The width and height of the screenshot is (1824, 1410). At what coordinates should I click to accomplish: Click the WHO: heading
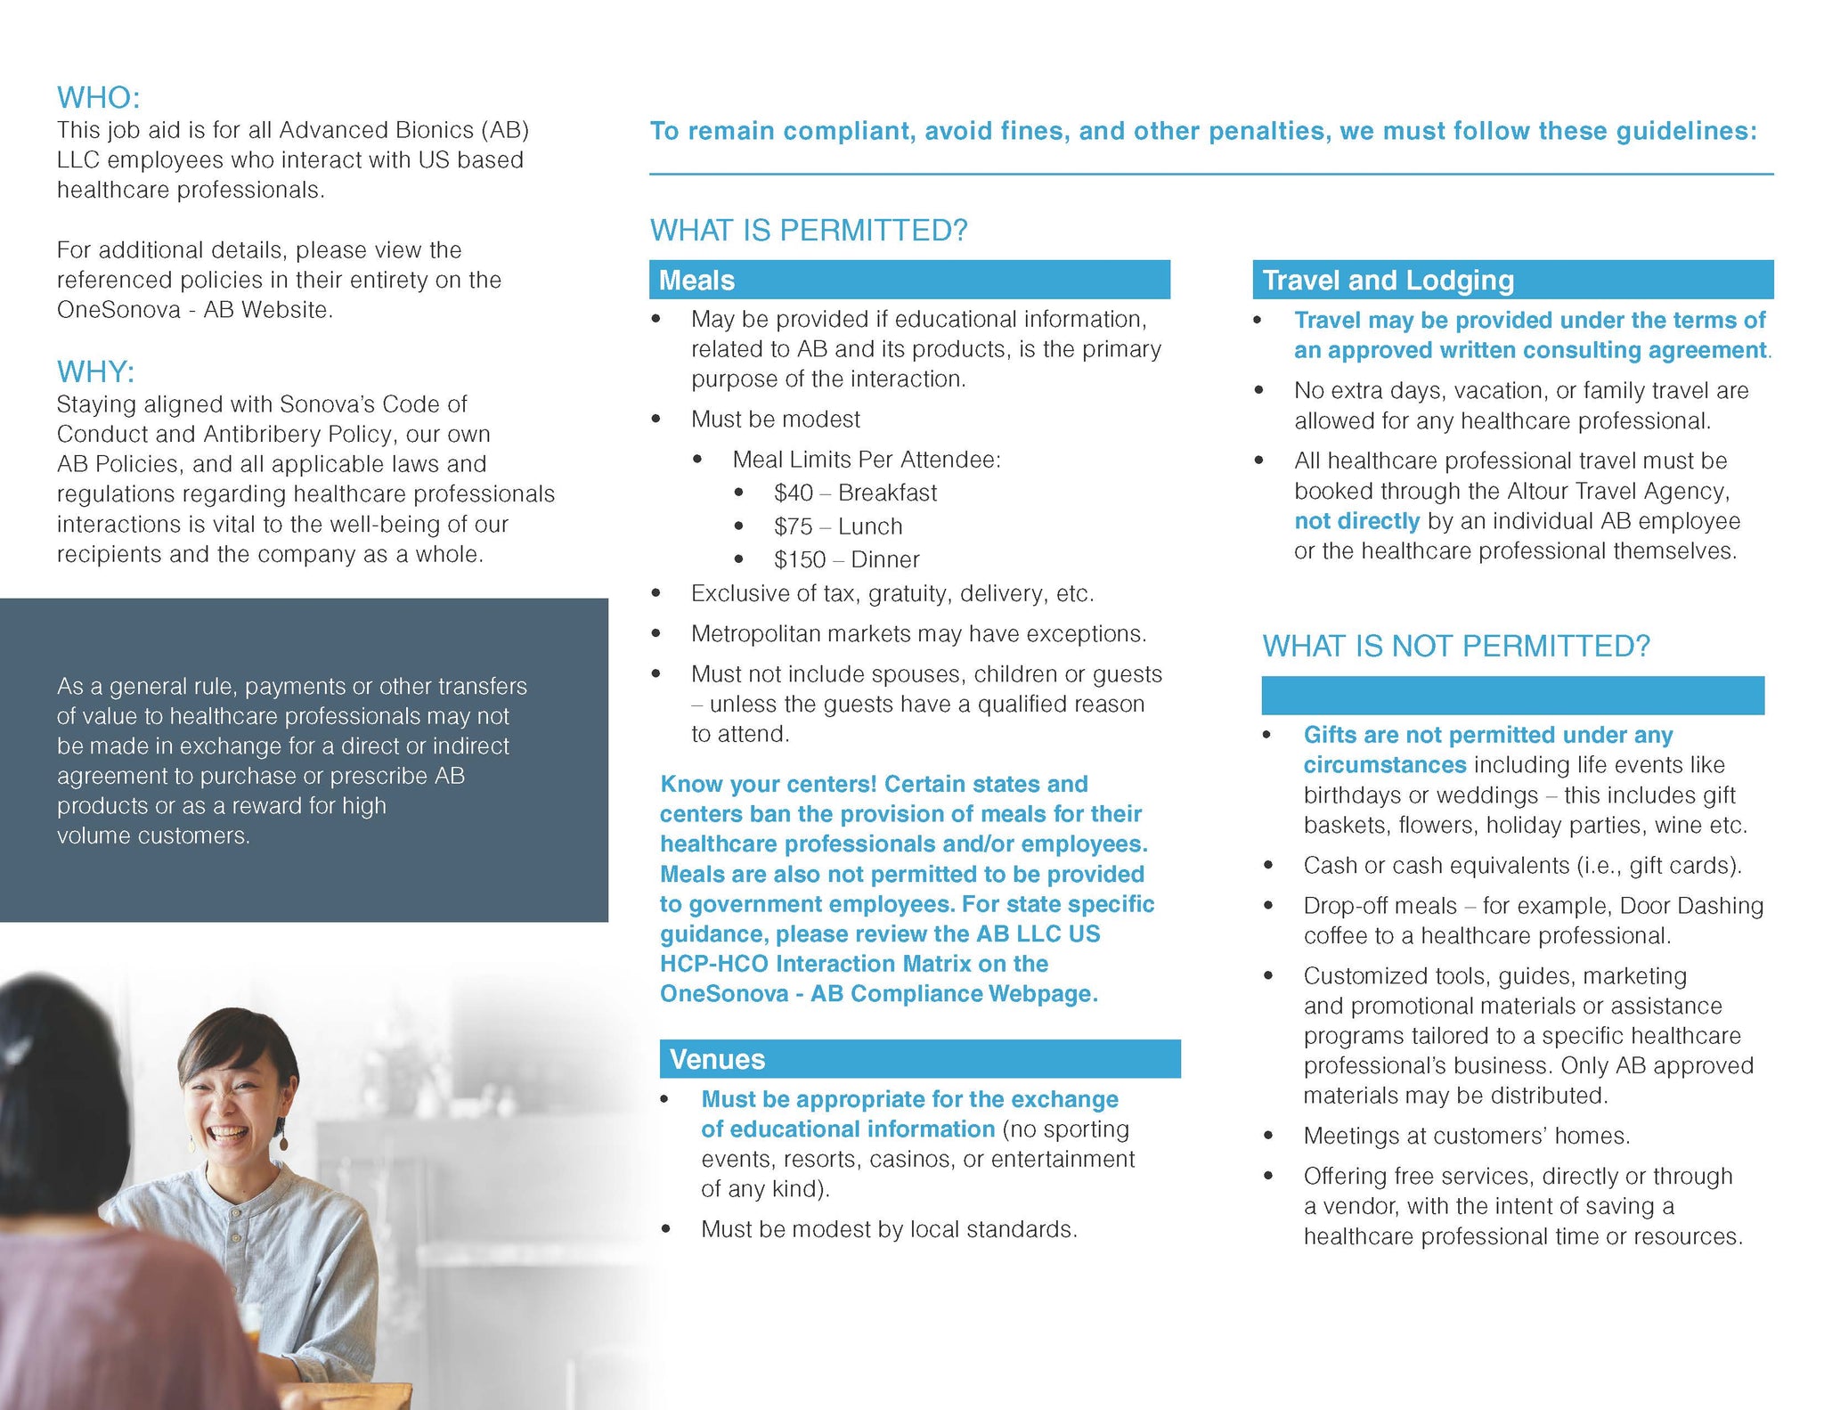click(99, 97)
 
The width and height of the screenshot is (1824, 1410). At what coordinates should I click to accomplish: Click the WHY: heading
click(96, 371)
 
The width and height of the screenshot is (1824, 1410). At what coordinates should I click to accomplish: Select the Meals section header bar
click(908, 280)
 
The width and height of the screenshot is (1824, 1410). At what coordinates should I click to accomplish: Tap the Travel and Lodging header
click(1511, 280)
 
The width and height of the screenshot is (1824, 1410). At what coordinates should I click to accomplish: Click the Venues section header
click(919, 1059)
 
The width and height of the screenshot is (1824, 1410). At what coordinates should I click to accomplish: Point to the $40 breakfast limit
click(855, 493)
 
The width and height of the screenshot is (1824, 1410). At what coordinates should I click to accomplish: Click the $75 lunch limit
click(837, 526)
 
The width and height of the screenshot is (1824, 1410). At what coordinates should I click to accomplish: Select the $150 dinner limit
click(846, 559)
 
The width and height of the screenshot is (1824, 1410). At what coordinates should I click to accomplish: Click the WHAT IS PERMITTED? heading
click(808, 230)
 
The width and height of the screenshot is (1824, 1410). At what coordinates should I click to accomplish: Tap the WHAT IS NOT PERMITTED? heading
click(1455, 646)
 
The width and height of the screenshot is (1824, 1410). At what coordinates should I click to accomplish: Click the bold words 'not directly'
click(1356, 521)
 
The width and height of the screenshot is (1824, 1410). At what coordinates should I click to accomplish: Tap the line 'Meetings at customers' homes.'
click(1466, 1136)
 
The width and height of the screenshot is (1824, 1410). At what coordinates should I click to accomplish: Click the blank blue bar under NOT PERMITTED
click(1511, 695)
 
